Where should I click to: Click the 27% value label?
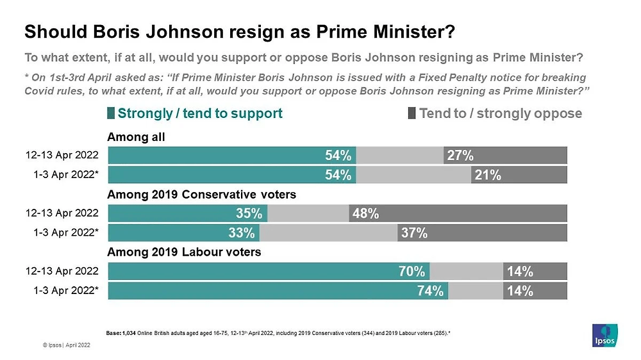tap(460, 156)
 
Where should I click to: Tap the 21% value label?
tap(487, 176)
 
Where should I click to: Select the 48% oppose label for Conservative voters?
tap(364, 214)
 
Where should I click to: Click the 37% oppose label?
tap(414, 233)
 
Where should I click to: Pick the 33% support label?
tap(244, 233)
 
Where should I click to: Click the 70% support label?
tap(413, 272)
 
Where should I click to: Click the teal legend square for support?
tap(112, 114)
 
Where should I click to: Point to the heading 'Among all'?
tap(136, 136)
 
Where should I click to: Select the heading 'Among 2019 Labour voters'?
tap(184, 252)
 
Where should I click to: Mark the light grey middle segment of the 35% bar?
tap(308, 214)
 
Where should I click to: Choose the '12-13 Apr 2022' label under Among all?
tap(62, 156)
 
